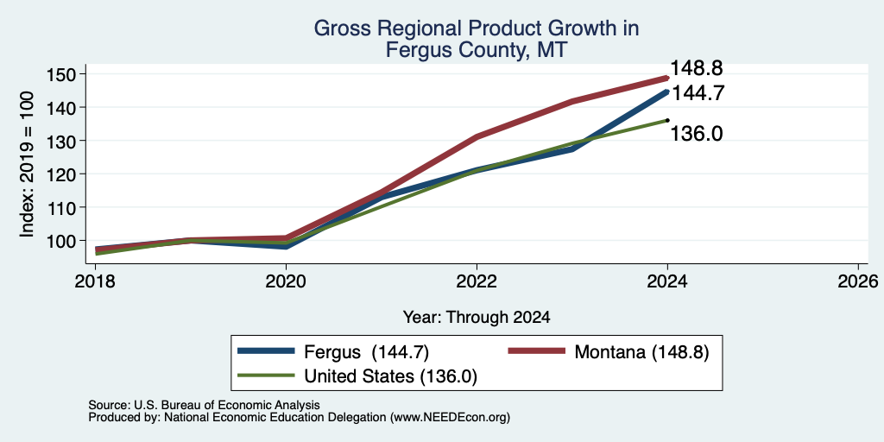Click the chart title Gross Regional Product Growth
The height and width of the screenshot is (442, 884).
(x=477, y=28)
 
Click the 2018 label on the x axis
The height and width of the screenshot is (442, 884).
(x=95, y=281)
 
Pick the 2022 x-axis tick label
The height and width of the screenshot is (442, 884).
(x=477, y=281)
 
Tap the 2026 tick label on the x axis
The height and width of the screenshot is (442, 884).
(x=858, y=281)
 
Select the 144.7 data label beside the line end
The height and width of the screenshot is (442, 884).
(x=698, y=93)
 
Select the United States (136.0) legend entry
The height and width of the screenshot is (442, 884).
(x=357, y=376)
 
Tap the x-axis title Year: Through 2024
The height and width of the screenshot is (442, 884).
(x=477, y=318)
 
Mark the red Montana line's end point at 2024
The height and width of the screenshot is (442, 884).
(x=667, y=79)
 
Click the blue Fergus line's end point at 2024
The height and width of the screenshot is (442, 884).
(x=667, y=92)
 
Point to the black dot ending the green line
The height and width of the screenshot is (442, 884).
(x=667, y=120)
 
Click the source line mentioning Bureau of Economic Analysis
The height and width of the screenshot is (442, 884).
(x=204, y=406)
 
